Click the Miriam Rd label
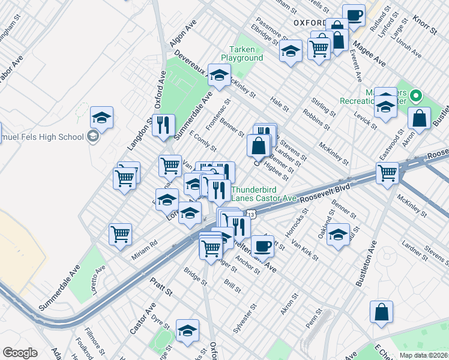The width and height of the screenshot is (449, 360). click(145, 250)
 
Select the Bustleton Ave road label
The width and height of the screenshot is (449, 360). click(366, 263)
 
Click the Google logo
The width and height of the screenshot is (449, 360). click(20, 353)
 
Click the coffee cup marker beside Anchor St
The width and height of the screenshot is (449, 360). click(262, 245)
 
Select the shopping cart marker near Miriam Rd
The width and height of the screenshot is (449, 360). click(121, 234)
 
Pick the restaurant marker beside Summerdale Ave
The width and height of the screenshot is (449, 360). click(163, 125)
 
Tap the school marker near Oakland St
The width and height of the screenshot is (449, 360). click(339, 235)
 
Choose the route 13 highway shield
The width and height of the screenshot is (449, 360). click(250, 214)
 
